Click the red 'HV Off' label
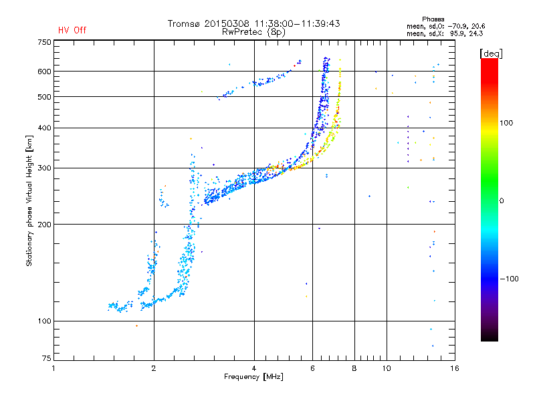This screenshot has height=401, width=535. tap(72, 30)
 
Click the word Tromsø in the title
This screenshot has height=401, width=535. tap(185, 23)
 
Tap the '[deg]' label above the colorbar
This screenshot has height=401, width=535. tap(492, 53)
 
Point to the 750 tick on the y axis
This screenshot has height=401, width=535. tap(43, 42)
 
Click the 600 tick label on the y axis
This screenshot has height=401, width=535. tap(43, 72)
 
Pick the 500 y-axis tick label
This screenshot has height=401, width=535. tap(43, 97)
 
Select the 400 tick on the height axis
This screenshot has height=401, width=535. tap(43, 128)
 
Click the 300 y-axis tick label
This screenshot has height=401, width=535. tap(43, 168)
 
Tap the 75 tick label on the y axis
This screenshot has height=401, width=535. tap(45, 361)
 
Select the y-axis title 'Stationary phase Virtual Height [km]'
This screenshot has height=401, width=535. tap(29, 200)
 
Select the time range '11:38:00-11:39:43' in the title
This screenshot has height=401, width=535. tap(296, 23)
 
